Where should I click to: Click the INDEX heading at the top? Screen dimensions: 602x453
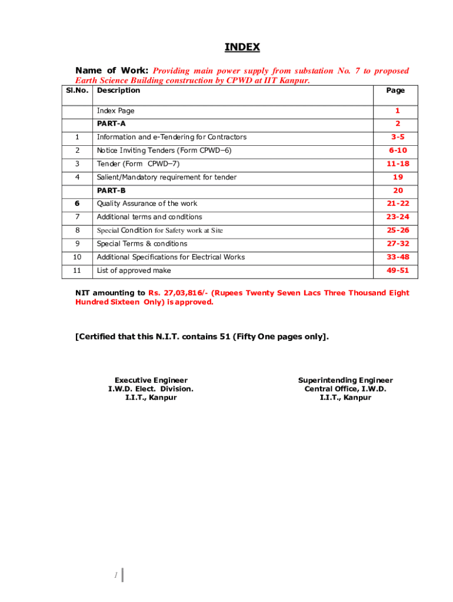point(242,47)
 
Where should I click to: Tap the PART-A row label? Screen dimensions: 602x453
point(111,123)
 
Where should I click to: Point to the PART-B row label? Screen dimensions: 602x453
point(111,190)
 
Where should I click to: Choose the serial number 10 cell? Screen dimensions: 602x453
point(78,257)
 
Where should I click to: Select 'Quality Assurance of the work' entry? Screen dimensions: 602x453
point(147,203)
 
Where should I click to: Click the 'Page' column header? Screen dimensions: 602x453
point(395,91)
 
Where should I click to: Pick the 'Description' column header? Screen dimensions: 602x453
point(118,91)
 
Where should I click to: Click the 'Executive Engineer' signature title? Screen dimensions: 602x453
point(151,380)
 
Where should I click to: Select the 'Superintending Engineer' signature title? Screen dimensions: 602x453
point(345,380)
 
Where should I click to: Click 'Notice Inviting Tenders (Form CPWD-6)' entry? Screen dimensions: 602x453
point(164,150)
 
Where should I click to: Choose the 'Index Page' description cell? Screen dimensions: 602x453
point(115,111)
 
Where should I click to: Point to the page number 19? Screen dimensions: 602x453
point(398,177)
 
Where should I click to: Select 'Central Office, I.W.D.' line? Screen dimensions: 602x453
point(345,389)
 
